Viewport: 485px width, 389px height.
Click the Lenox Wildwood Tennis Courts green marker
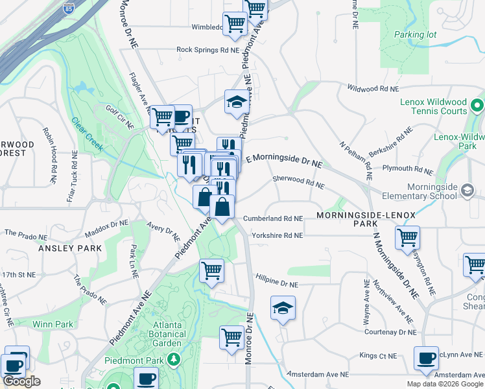click(x=477, y=105)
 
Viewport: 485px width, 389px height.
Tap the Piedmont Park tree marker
click(x=173, y=359)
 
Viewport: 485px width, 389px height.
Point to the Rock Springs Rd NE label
click(x=207, y=49)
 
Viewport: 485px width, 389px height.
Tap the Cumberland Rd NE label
click(x=273, y=219)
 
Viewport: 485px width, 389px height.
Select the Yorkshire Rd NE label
click(x=278, y=236)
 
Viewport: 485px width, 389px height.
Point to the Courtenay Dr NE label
click(x=390, y=332)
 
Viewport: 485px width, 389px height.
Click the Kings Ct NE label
click(x=377, y=356)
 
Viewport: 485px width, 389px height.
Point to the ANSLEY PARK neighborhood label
click(x=70, y=248)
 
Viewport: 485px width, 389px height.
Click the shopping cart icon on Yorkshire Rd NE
click(x=407, y=238)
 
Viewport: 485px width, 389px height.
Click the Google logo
click(x=21, y=381)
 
